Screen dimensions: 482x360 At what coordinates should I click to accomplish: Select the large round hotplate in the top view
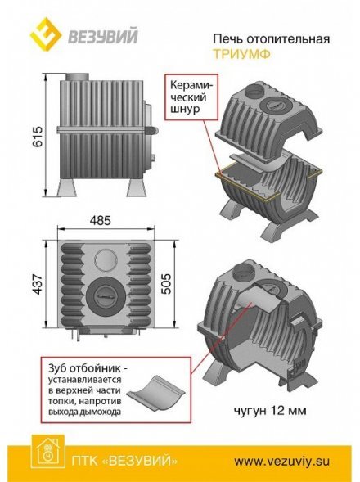[105, 291]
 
